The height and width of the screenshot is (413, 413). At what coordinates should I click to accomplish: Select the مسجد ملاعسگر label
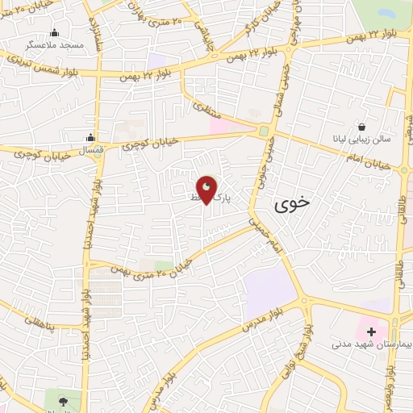[x=56, y=46]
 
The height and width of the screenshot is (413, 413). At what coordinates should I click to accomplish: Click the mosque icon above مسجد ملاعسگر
[x=55, y=33]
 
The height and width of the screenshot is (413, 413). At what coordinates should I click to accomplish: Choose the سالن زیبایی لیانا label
[x=362, y=139]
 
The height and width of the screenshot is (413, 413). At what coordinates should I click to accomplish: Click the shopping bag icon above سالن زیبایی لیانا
[x=362, y=127]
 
